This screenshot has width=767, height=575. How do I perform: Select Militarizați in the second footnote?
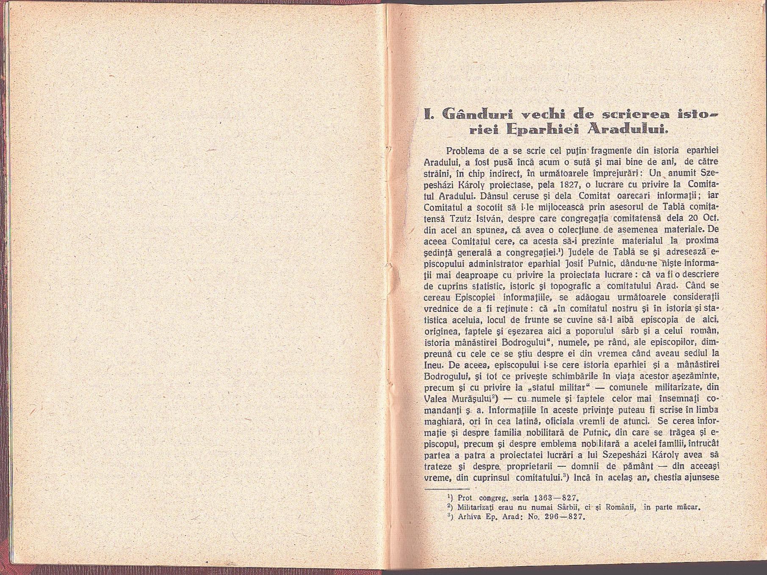pyautogui.click(x=477, y=508)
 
